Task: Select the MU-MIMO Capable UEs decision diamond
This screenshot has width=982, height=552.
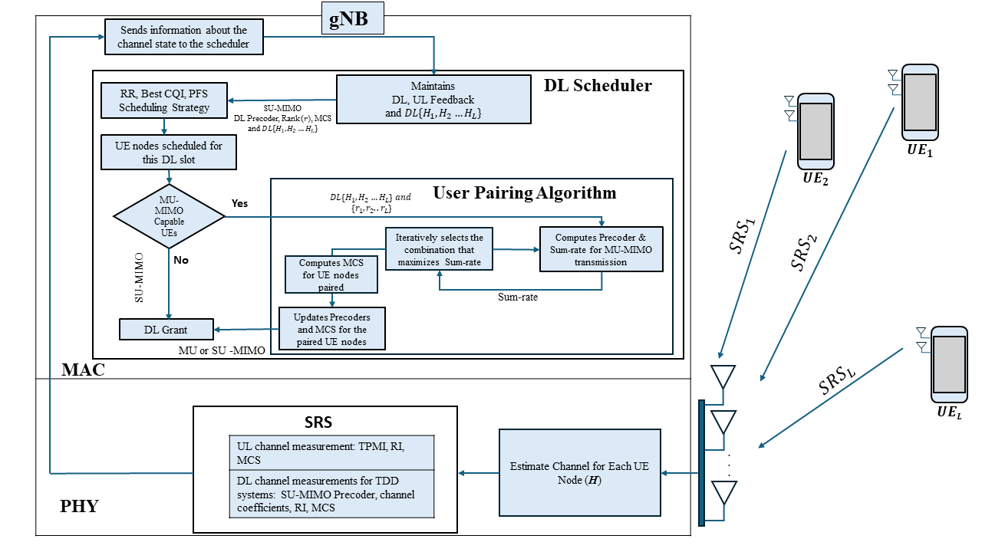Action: click(x=169, y=216)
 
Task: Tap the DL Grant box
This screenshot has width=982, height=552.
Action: click(x=166, y=330)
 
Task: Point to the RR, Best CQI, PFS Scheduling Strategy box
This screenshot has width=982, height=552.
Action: click(x=163, y=100)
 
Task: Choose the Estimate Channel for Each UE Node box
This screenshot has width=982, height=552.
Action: click(x=579, y=472)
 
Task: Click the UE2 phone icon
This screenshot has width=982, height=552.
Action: click(x=814, y=131)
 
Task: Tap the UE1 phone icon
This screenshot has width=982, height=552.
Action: click(x=919, y=102)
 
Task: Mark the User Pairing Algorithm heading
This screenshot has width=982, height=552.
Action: click(x=525, y=192)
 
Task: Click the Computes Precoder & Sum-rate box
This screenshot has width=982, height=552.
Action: click(x=601, y=249)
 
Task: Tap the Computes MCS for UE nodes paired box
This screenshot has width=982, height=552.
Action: click(x=331, y=274)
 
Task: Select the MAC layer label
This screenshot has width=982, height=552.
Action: click(x=83, y=371)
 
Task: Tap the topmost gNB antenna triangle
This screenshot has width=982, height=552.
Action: click(x=722, y=376)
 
